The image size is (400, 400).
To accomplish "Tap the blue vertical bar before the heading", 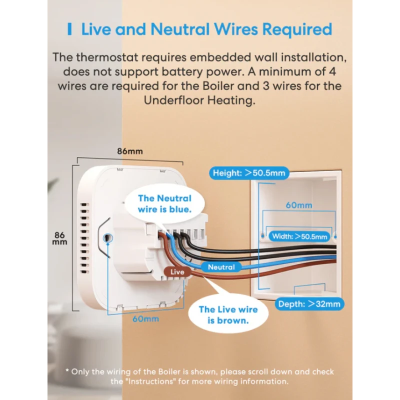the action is tap(69, 29).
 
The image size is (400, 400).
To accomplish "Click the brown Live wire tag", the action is tap(177, 271).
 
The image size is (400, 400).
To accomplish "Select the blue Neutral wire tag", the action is tap(221, 267).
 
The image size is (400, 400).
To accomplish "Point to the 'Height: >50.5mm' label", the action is tap(249, 173).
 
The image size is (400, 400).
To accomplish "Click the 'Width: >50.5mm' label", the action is tap(299, 236).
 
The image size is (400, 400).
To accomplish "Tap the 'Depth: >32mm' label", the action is tap(309, 304).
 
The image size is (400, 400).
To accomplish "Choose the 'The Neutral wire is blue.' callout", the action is tap(165, 204).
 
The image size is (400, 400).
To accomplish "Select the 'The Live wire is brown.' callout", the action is tap(228, 315).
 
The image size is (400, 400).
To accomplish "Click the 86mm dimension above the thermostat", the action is tap(130, 151).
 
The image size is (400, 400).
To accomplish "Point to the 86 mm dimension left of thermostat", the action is tap(59, 238).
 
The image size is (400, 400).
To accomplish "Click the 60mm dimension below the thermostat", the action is tap(145, 318).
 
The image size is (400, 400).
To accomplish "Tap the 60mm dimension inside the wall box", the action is tap(298, 205).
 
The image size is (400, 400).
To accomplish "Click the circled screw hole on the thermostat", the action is tap(107, 238).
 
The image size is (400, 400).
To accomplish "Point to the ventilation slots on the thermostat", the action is tap(85, 238).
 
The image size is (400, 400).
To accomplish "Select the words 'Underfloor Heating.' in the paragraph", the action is tap(199, 100).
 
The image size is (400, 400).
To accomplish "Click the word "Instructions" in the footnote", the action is tap(149, 381).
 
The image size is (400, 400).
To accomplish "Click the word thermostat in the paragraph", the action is tap(107, 57).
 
